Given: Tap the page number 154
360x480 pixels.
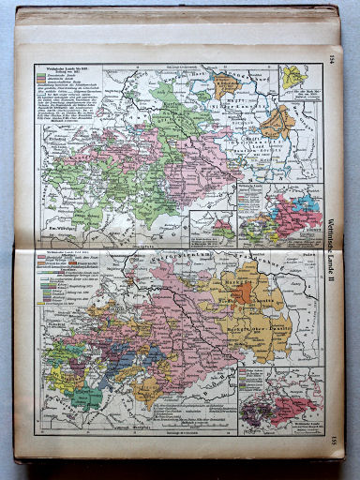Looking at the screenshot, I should (x=331, y=59).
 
